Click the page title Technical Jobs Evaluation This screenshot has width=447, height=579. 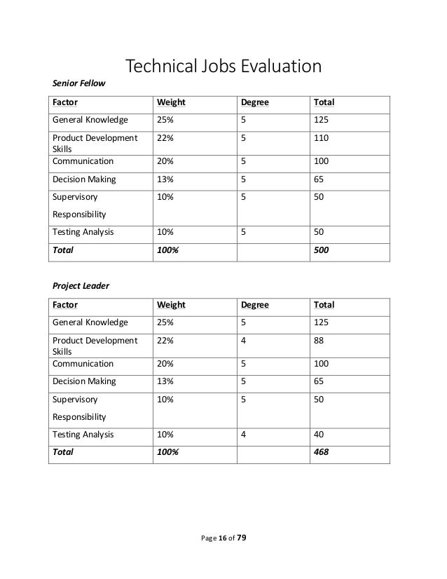pos(223,67)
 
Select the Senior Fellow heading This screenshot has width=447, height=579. pos(79,84)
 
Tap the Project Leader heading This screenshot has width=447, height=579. pos(81,286)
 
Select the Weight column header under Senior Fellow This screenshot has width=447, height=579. pos(171,103)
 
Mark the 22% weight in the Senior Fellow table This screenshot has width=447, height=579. pos(165,138)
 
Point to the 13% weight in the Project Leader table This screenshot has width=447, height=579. pos(165,382)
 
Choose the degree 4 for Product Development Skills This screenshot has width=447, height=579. pos(244,341)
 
